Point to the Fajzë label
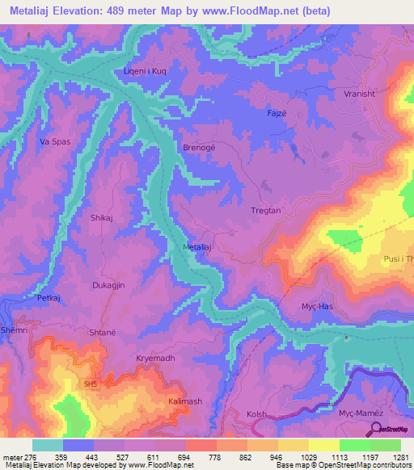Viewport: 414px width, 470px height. (x=277, y=114)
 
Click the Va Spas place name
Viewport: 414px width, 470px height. (x=56, y=141)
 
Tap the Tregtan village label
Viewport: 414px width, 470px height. (x=264, y=211)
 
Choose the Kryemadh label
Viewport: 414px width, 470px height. (x=155, y=357)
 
